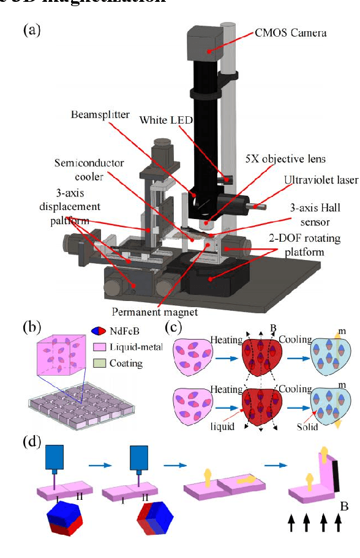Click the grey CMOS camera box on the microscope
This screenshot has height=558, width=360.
(210, 43)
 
